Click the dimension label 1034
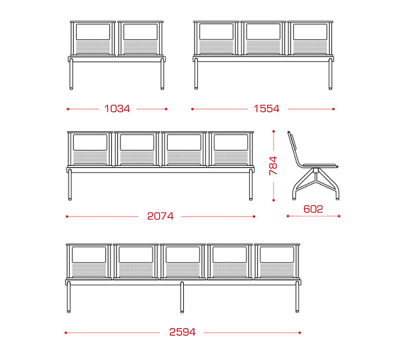[x=117, y=109]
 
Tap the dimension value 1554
[x=266, y=109]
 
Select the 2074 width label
[x=160, y=216]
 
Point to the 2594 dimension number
[x=182, y=332]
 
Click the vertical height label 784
[x=273, y=165]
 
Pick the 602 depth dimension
[x=313, y=209]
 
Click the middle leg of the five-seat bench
[x=182, y=297]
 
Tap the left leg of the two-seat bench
[x=71, y=74]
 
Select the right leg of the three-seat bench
[x=330, y=74]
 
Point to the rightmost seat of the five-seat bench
[x=277, y=261]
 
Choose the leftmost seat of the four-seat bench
[x=90, y=149]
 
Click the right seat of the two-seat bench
[x=141, y=39]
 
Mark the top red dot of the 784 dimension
[x=274, y=131]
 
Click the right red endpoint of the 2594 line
[x=300, y=333]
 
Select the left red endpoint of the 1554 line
[x=193, y=109]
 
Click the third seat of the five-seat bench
[x=183, y=261]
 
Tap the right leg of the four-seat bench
[x=251, y=185]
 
